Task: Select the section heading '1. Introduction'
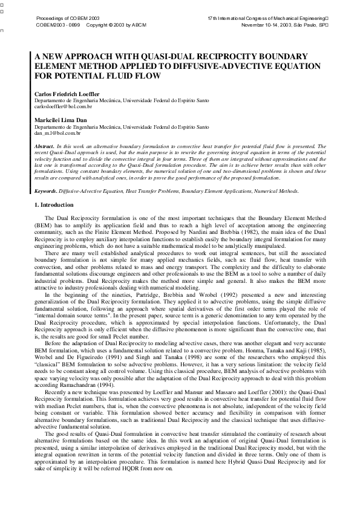click(54, 206)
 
